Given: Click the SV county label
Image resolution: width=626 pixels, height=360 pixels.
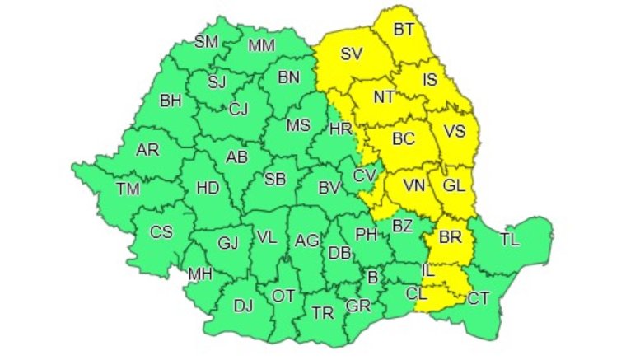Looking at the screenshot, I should pos(351,55).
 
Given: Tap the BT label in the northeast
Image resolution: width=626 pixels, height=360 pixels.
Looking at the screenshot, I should pos(404,30).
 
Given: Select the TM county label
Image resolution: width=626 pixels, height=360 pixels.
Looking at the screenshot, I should pos(128,189).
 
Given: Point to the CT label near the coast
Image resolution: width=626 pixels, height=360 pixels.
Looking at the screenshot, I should pos(479,297).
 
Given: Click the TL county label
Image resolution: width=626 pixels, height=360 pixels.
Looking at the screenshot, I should pos(510,241).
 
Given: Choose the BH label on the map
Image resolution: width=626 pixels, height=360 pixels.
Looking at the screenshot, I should pos(171,101).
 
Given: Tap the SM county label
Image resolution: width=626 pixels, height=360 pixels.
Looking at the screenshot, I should pos(206,42).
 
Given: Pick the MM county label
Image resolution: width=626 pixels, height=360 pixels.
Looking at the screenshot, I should pos(261,44).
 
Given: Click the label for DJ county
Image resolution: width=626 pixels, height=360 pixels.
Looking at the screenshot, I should pos(243,306).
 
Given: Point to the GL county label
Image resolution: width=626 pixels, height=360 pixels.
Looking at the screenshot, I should pos(454,185).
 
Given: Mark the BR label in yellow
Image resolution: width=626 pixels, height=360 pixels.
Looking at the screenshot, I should pos(450,237).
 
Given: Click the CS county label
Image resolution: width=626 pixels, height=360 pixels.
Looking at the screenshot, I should pos(161,232).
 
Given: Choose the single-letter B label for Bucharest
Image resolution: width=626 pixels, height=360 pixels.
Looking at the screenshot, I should pos(372,278).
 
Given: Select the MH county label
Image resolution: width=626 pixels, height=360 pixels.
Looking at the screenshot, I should pos(200,274).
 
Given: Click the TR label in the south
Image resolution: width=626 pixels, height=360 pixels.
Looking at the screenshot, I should pos(322,312).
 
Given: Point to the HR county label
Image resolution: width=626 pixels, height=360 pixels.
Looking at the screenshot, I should pos(340,129).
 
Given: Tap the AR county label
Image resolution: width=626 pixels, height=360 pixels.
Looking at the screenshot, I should pos(148,149).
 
